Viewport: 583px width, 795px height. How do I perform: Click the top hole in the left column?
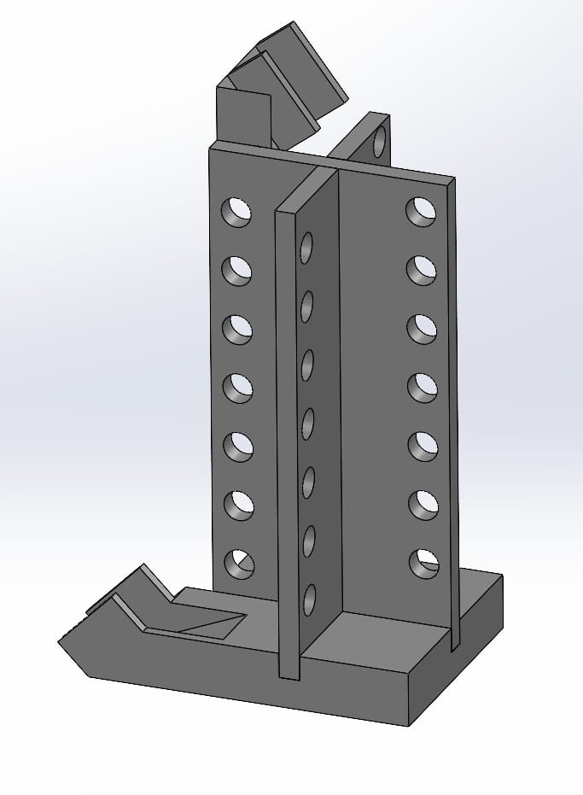[237, 212]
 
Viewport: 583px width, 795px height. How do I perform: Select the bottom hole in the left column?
[239, 563]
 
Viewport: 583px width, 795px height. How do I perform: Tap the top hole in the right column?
[420, 211]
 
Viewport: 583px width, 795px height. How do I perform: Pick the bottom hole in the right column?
[423, 562]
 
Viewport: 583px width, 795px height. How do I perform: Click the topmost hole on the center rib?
[306, 247]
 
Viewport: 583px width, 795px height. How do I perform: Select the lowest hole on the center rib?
[309, 599]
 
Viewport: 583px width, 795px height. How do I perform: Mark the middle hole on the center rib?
[307, 424]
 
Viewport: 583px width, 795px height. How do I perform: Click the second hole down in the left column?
[237, 271]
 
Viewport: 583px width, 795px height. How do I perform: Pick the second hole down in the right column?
[421, 270]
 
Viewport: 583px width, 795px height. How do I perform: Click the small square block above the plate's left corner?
[243, 115]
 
